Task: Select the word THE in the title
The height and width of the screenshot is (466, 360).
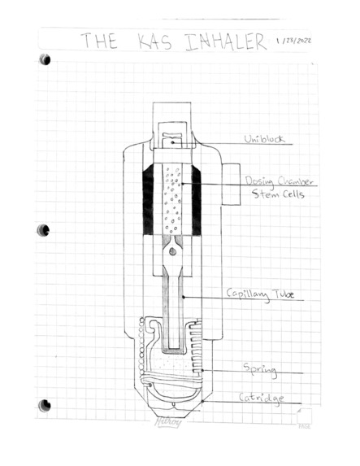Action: pos(99,42)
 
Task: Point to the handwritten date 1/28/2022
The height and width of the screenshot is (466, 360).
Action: pos(296,40)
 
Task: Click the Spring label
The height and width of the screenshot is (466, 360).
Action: pos(260,370)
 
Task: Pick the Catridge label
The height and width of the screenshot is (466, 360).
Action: pos(262,398)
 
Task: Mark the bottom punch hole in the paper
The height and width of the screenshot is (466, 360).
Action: pos(45,404)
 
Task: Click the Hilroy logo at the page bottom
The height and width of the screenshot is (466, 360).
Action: pos(167,421)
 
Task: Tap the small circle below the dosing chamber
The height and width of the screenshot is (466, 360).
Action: pos(173,252)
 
